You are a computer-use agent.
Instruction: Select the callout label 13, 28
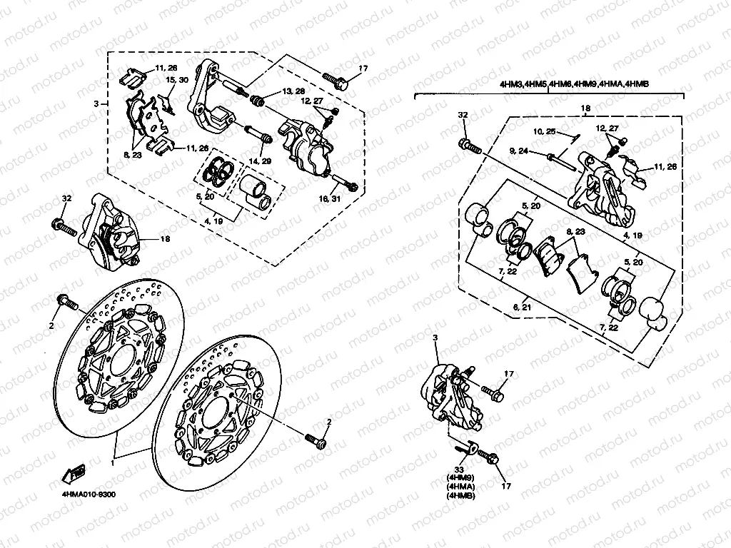click(x=293, y=93)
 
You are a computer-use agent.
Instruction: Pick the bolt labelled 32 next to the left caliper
click(x=64, y=228)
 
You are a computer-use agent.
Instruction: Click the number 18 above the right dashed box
click(x=585, y=108)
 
